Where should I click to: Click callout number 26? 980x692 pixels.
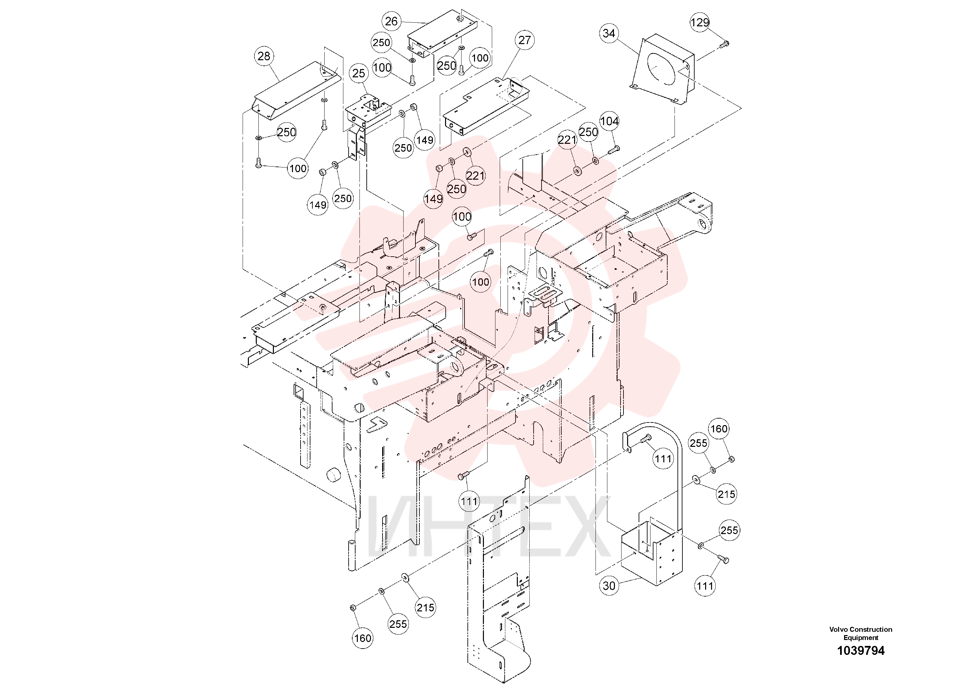click(391, 21)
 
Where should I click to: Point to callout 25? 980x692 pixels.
click(358, 73)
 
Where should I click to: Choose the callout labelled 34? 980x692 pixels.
click(609, 33)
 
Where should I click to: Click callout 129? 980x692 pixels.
click(700, 22)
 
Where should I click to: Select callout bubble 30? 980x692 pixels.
click(609, 586)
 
